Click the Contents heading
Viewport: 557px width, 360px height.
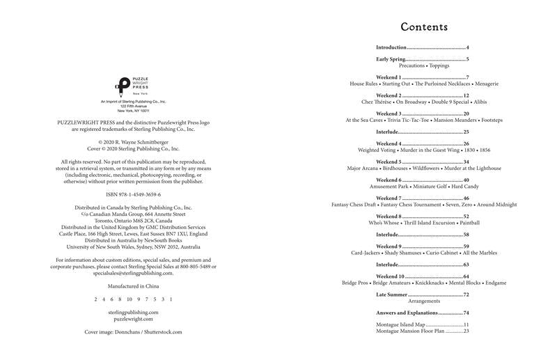[423, 27]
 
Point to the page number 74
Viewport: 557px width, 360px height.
[466, 313]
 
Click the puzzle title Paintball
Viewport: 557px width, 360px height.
[469, 223]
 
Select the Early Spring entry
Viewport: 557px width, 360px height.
[391, 59]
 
